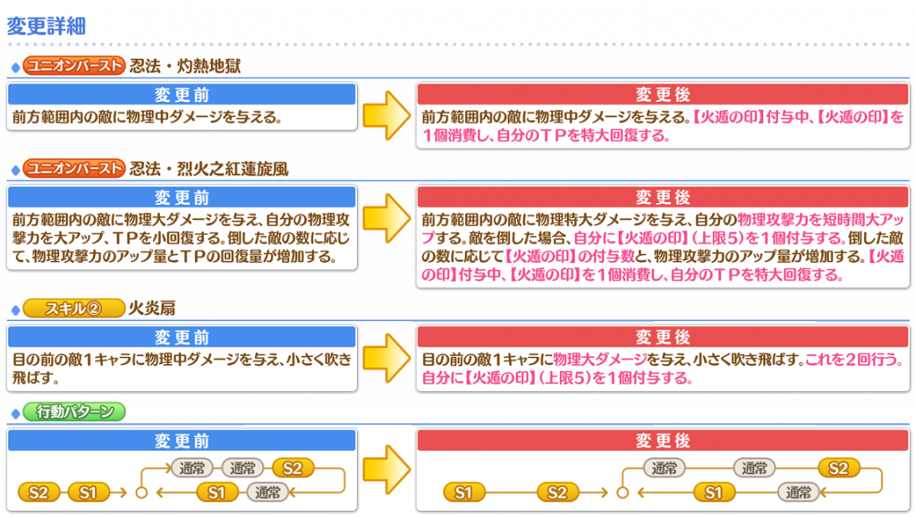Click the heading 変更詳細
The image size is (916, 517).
point(47,26)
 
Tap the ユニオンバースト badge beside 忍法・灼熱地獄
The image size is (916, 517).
point(74,65)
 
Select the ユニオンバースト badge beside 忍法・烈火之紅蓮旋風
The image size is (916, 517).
point(74,168)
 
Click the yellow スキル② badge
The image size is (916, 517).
point(74,308)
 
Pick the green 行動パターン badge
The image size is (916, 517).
point(74,411)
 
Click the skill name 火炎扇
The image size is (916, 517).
point(152,308)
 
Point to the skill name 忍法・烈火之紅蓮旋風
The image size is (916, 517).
point(209,169)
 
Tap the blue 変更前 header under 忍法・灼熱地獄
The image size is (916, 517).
point(182,95)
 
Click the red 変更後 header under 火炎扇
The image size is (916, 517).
point(663,337)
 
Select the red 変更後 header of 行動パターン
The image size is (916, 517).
point(663,440)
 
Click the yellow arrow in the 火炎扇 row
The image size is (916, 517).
point(386,358)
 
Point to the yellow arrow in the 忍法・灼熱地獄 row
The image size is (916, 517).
point(386,115)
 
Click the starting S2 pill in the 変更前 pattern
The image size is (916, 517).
point(38,493)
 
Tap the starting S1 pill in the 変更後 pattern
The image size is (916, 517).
point(464,493)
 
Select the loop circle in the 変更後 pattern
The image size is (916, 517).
point(623,493)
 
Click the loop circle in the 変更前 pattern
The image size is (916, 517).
point(141,493)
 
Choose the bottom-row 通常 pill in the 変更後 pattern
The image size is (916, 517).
point(798,493)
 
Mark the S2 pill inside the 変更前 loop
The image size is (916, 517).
point(293,468)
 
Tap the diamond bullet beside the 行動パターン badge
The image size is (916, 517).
point(16,413)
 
